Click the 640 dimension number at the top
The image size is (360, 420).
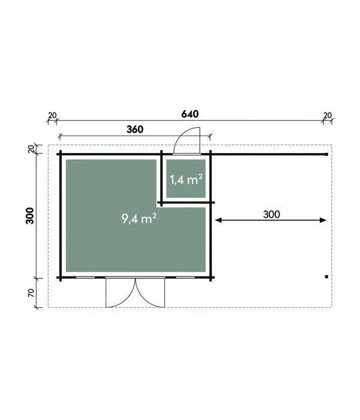point(190,114)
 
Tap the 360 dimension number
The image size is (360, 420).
point(135,130)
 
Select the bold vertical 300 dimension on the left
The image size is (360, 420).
point(30,215)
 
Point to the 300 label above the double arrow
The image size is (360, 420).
point(272,214)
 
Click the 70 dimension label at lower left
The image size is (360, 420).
point(31,293)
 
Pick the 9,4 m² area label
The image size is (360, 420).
point(139,218)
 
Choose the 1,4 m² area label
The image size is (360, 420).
point(186,179)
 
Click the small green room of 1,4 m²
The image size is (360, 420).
point(186,179)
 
